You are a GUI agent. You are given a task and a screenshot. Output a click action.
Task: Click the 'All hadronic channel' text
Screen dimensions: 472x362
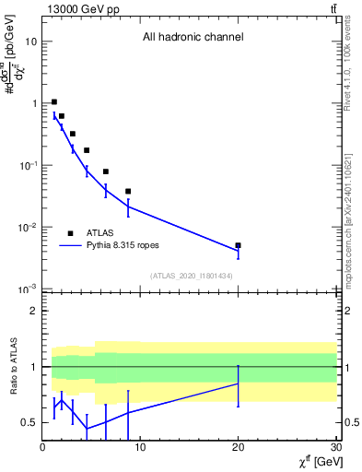[x=193, y=37]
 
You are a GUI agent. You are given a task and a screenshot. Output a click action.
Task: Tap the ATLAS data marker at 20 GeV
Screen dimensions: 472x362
[x=239, y=245]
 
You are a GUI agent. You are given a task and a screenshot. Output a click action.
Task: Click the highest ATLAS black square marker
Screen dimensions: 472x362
[x=54, y=101]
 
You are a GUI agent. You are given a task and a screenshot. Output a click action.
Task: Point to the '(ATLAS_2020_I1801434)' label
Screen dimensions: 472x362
[x=193, y=276]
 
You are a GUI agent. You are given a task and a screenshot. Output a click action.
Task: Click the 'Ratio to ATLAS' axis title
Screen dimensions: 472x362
[x=14, y=366]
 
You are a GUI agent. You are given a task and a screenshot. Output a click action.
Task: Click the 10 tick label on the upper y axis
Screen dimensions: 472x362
[x=31, y=41]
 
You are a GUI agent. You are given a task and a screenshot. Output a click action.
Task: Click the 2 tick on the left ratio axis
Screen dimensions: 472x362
[x=35, y=311]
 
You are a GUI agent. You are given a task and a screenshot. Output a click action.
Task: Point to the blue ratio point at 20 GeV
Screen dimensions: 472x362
[x=239, y=383]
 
